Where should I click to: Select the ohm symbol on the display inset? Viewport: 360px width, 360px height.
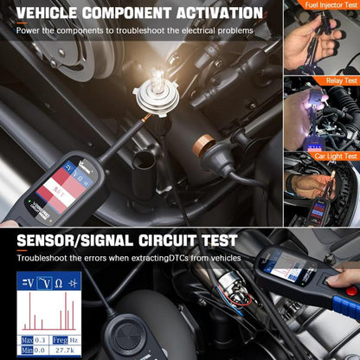[58, 282]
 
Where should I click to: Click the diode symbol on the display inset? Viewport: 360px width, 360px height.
[73, 282]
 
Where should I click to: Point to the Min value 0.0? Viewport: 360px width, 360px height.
[41, 349]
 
